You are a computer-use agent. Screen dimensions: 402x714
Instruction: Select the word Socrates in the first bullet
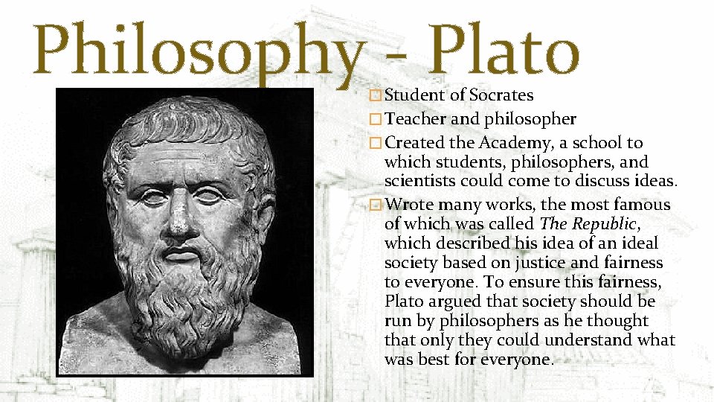click(x=501, y=95)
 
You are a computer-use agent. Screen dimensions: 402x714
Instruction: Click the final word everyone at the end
click(x=517, y=360)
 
